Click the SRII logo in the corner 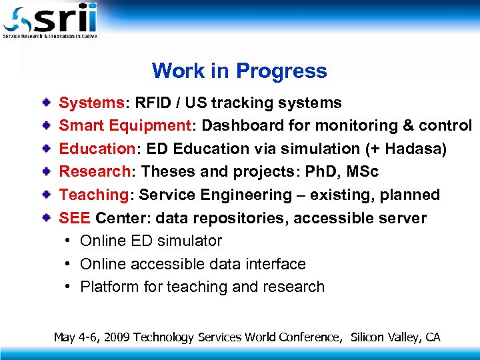[50, 20]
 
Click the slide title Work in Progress [239, 71]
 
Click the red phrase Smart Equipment [125, 126]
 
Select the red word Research [95, 172]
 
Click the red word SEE [75, 218]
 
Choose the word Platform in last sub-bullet [106, 287]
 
